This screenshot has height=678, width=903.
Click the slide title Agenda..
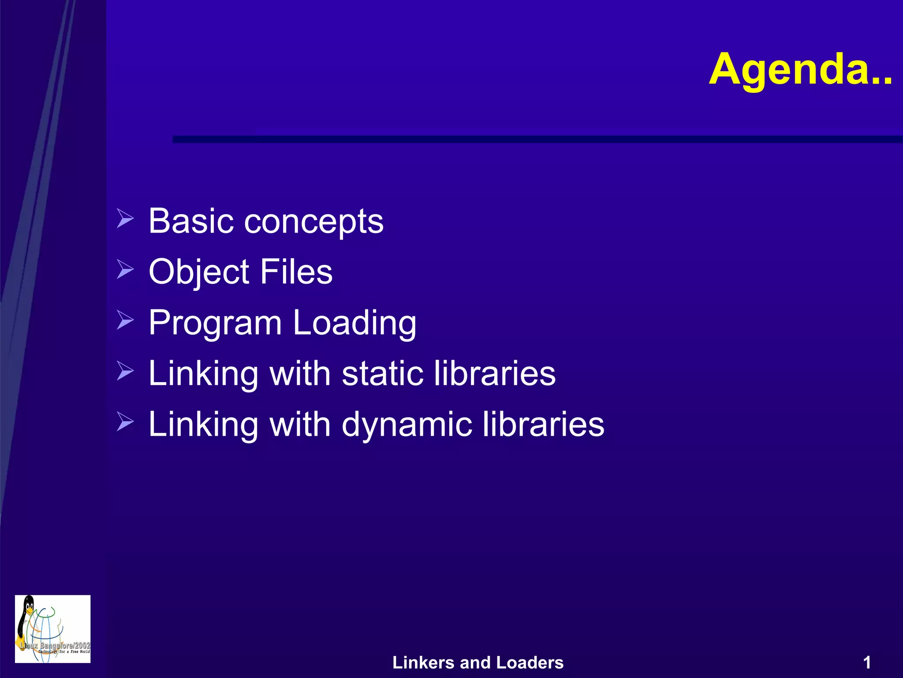click(x=800, y=70)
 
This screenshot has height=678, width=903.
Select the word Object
click(x=199, y=272)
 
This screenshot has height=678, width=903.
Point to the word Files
click(x=296, y=271)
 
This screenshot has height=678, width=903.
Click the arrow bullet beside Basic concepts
click(x=125, y=218)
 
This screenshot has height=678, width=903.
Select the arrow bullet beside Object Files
click(x=125, y=269)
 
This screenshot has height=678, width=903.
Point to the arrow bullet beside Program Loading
click(x=125, y=320)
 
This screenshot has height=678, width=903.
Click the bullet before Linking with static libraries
click(x=125, y=371)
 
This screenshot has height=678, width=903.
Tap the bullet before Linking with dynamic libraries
click(x=125, y=422)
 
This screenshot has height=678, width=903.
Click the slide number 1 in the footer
click(x=867, y=663)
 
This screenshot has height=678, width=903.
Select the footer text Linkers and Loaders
click(x=478, y=663)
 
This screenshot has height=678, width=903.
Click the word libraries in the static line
click(x=495, y=373)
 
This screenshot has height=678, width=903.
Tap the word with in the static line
click(x=300, y=373)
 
